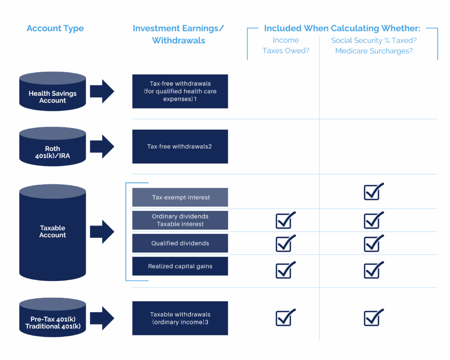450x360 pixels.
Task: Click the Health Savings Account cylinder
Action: click(53, 91)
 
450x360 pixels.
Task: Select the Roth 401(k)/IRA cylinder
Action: click(53, 146)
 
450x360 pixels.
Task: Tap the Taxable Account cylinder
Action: click(53, 233)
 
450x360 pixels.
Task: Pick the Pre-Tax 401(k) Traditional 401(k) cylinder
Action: click(53, 317)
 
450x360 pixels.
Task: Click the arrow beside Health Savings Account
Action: click(102, 91)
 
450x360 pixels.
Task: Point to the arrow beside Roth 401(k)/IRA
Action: click(102, 146)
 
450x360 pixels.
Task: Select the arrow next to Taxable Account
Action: click(102, 232)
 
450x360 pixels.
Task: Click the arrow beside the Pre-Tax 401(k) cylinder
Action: click(102, 318)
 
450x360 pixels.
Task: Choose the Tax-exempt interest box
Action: click(180, 197)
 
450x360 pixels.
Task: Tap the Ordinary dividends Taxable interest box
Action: click(180, 220)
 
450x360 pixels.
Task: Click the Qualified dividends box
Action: click(180, 243)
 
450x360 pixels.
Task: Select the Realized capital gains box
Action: click(180, 266)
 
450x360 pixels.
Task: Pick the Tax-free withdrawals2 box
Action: click(180, 146)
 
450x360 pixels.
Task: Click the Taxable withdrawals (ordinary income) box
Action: click(180, 318)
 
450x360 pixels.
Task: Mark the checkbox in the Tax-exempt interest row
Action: click(374, 192)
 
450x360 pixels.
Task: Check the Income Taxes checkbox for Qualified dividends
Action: click(285, 244)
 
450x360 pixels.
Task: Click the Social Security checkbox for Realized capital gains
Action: click(374, 270)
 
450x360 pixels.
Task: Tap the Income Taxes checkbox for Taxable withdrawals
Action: click(285, 317)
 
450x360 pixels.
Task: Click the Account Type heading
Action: click(55, 29)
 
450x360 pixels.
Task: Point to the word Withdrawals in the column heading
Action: click(178, 40)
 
